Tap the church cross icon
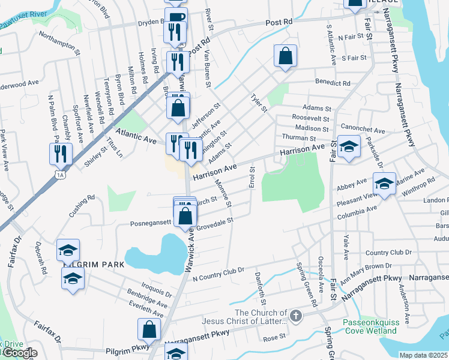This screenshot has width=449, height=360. (295, 315)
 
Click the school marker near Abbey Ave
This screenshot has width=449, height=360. (384, 182)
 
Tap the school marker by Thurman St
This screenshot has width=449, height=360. (348, 146)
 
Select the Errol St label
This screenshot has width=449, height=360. (252, 177)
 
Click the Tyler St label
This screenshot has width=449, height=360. (259, 103)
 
